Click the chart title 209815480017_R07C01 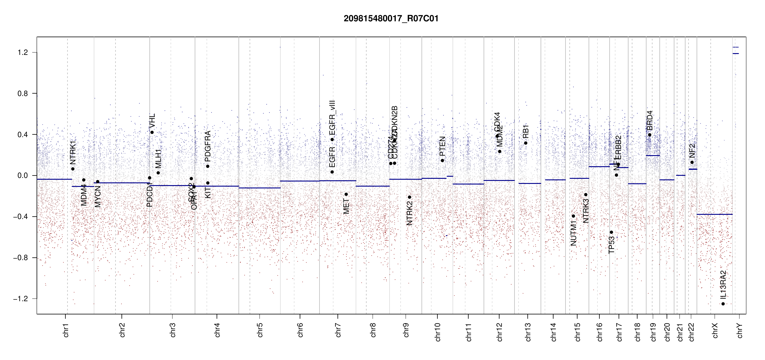(391, 19)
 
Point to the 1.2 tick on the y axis (23, 52)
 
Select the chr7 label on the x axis (338, 330)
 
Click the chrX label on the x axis (715, 330)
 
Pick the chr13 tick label (528, 332)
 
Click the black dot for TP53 (611, 232)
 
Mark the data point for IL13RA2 (723, 304)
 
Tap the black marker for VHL (152, 132)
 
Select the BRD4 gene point (650, 135)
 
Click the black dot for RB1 (526, 143)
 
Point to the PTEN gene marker (442, 160)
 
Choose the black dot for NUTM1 (573, 216)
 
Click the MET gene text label (346, 206)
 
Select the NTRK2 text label (409, 213)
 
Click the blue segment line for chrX (714, 214)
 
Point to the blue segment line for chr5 (259, 188)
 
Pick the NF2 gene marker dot (692, 162)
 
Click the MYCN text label (97, 196)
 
